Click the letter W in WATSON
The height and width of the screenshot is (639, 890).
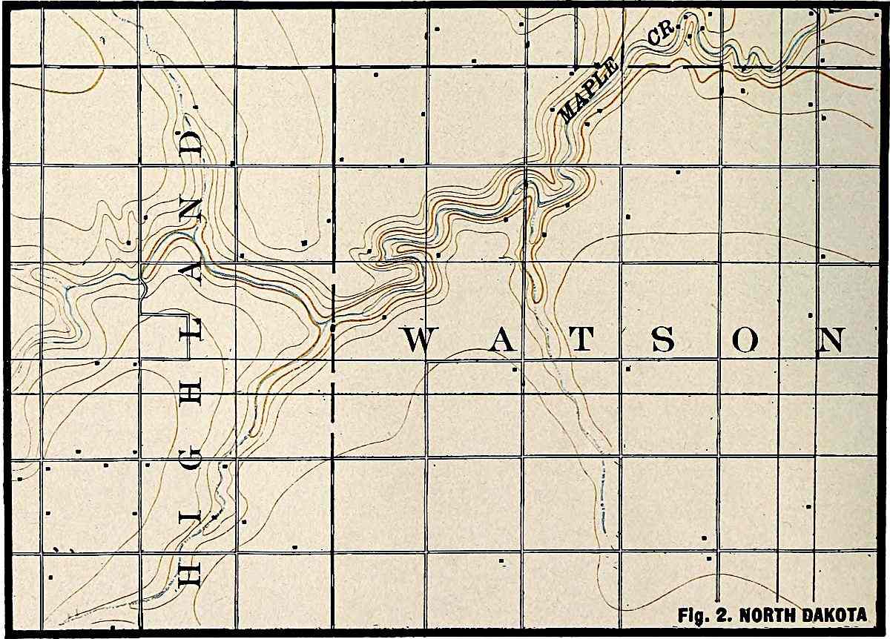click(x=418, y=341)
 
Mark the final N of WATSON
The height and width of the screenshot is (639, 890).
click(x=830, y=341)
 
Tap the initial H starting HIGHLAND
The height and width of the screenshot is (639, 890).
click(x=188, y=573)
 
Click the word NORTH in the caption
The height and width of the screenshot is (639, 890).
click(x=771, y=616)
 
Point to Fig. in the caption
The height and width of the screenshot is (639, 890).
click(x=693, y=616)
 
